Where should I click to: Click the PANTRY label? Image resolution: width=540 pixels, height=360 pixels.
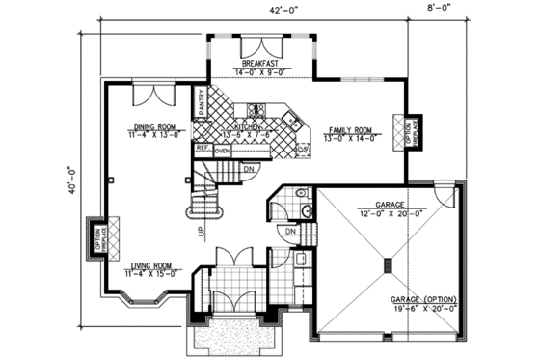coord(202,102)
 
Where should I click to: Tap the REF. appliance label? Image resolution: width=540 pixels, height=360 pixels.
coord(202,148)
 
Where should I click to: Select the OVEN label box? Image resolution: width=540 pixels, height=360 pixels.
coord(222,151)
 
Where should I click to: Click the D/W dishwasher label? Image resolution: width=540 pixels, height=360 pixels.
coord(303,148)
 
